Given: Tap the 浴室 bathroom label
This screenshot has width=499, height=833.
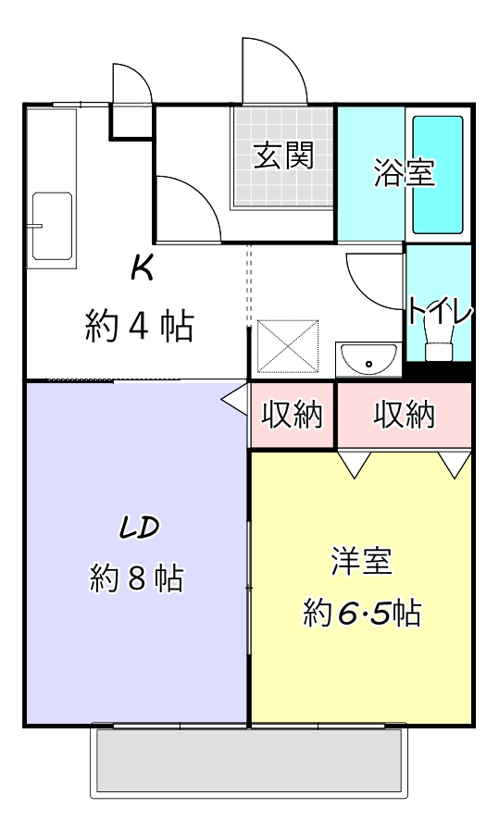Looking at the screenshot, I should pyautogui.click(x=405, y=173).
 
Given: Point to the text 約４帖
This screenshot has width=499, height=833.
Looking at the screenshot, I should pyautogui.click(x=140, y=326).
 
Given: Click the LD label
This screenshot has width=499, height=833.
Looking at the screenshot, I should pyautogui.click(x=139, y=527).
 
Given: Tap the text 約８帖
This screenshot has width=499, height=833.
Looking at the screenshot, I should pyautogui.click(x=137, y=578).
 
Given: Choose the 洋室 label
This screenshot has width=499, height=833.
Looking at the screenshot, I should pyautogui.click(x=361, y=561).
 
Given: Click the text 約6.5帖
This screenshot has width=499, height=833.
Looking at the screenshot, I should pyautogui.click(x=362, y=612).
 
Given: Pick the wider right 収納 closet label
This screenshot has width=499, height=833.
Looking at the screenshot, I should pyautogui.click(x=404, y=416).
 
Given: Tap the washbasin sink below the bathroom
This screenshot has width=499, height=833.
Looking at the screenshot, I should pyautogui.click(x=368, y=359).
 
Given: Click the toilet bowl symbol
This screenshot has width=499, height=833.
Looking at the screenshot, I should pyautogui.click(x=439, y=349).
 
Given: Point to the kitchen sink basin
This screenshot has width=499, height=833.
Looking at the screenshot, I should pyautogui.click(x=51, y=226).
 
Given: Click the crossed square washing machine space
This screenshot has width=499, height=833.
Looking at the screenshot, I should pyautogui.click(x=287, y=345).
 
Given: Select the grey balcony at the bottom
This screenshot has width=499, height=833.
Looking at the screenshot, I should pyautogui.click(x=248, y=760).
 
